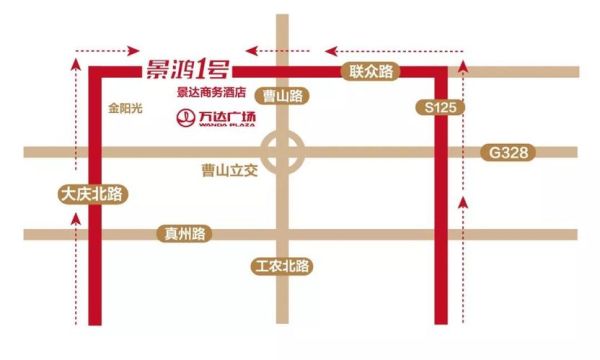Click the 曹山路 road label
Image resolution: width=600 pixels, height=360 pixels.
pyautogui.click(x=280, y=95)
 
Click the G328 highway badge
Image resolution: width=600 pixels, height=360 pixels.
pyautogui.click(x=509, y=153)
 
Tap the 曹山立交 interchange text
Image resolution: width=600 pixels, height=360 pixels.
pyautogui.click(x=230, y=171)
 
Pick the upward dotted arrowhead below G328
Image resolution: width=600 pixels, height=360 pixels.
pyautogui.click(x=462, y=202)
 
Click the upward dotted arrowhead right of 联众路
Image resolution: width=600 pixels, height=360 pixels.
pyautogui.click(x=462, y=64)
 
